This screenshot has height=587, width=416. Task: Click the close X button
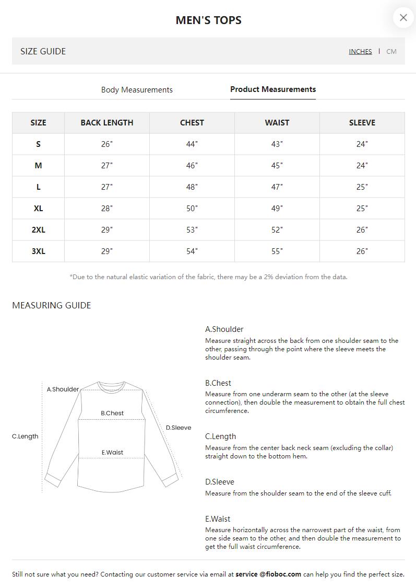coord(403,18)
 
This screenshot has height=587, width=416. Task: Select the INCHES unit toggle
coord(360,51)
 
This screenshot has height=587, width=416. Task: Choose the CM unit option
coord(391,51)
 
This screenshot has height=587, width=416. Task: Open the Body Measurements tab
coord(137,90)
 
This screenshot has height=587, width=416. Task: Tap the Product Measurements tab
coord(273,89)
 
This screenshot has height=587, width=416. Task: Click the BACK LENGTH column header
coord(107,123)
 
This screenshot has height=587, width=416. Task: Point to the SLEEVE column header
coord(362,123)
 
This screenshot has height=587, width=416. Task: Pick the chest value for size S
coord(192,144)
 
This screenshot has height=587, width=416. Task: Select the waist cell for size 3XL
coord(277,251)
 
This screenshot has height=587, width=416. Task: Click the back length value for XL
coord(107,209)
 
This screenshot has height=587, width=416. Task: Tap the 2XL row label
coord(38,230)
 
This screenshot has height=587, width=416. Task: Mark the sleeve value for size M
coord(362,166)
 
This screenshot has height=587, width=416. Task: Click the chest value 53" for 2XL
coord(192,230)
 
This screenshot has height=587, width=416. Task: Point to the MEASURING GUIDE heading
coord(52,305)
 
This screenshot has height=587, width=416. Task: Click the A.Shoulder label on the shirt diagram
coord(63,389)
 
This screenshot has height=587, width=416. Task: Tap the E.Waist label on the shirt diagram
coord(112,453)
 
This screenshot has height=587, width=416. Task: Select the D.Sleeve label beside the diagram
coord(179,428)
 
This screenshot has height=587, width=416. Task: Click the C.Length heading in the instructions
coord(220,436)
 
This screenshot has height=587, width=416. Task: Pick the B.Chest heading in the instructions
coord(218,383)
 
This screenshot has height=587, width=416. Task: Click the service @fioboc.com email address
coord(268,574)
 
